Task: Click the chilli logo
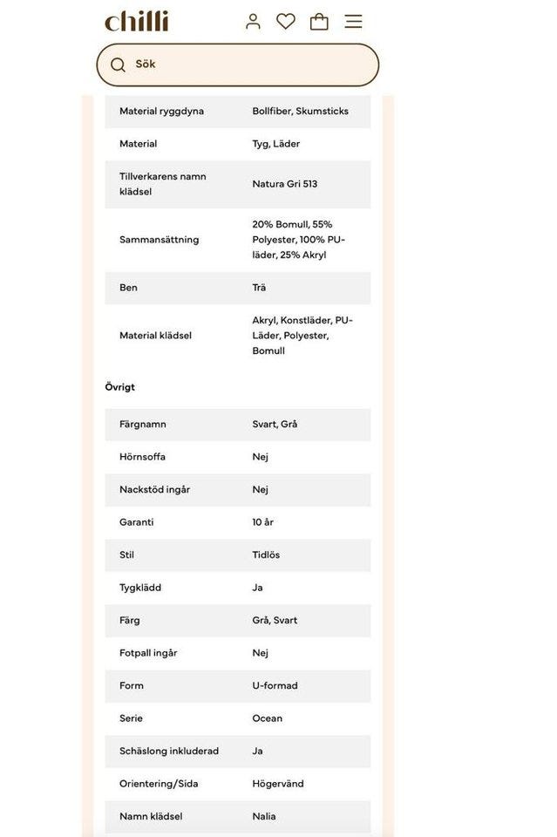136,21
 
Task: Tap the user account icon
253,21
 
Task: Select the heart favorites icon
286,21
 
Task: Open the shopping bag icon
319,21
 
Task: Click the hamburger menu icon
353,21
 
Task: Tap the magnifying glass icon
118,65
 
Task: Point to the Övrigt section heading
120,387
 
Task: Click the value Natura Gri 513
285,184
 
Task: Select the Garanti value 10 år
262,522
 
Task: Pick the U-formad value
275,686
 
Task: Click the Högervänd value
278,784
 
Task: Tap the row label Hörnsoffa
142,457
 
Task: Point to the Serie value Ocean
268,718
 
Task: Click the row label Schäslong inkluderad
169,752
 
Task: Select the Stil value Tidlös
266,555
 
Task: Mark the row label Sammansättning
159,240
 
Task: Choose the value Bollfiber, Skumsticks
300,112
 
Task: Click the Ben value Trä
259,288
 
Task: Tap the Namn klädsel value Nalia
264,817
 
